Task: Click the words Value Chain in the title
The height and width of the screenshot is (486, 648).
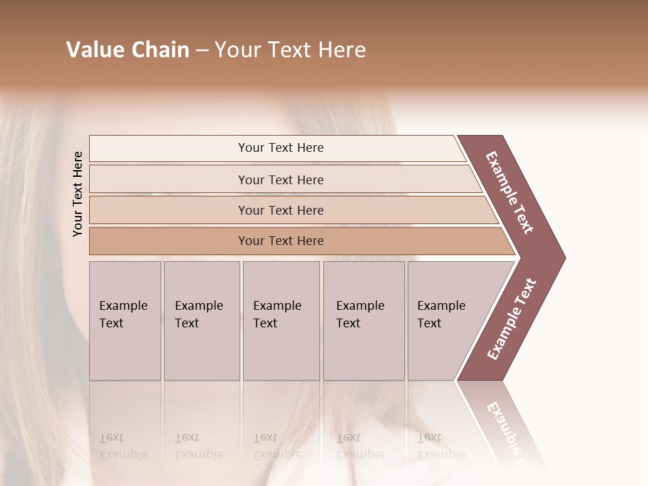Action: click(128, 50)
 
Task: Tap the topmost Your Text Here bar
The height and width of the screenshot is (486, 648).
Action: click(281, 148)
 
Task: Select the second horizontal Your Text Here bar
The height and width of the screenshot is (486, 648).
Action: click(281, 180)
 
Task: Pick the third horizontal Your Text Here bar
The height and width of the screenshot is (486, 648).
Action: click(281, 210)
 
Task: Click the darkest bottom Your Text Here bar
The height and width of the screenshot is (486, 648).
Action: click(281, 241)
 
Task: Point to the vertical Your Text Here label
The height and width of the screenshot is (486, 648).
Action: click(78, 194)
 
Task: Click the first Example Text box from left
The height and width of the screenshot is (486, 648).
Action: click(125, 321)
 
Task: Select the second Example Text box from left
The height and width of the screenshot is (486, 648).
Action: click(201, 321)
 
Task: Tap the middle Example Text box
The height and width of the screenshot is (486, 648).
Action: click(280, 321)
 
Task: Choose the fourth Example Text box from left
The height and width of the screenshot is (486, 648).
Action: click(363, 321)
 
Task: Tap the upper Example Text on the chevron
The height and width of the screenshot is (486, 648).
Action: click(510, 192)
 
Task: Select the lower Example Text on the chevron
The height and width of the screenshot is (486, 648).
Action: click(512, 319)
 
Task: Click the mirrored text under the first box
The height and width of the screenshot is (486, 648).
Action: click(123, 446)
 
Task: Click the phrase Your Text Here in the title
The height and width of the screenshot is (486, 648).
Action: click(290, 50)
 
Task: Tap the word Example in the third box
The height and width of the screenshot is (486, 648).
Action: click(277, 306)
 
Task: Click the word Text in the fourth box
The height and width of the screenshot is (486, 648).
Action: click(348, 323)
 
